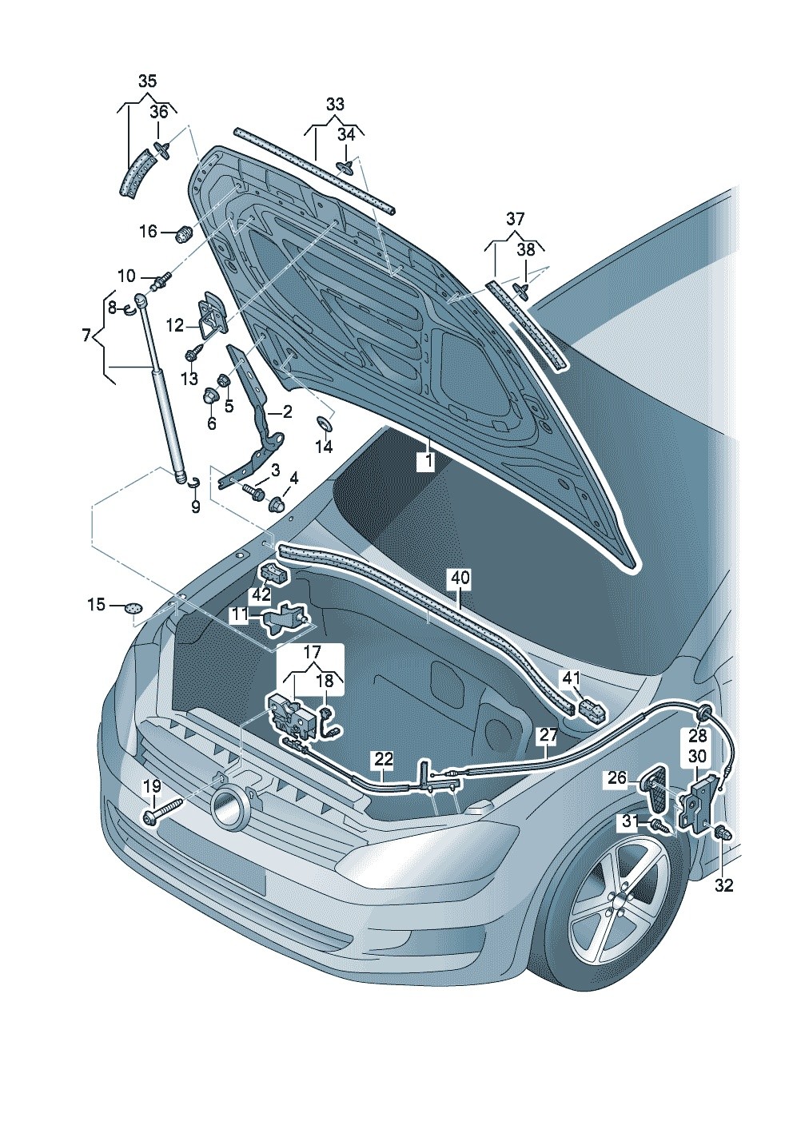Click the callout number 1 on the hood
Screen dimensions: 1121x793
click(427, 462)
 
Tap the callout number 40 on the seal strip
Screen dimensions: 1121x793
click(460, 577)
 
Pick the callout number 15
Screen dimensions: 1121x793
click(96, 605)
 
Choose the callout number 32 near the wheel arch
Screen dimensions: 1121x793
click(723, 884)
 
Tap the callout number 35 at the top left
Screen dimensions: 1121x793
click(148, 81)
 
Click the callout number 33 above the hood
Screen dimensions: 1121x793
click(335, 104)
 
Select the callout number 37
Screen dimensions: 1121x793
click(515, 218)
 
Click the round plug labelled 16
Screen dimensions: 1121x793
click(184, 233)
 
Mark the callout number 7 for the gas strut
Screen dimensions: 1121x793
click(86, 336)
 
